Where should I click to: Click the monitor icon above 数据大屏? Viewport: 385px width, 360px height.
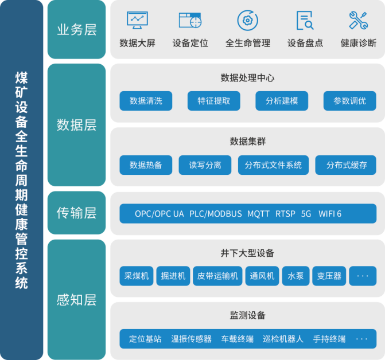137,20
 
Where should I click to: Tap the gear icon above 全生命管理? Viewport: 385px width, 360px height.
247,21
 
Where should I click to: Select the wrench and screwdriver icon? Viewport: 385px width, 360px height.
358,21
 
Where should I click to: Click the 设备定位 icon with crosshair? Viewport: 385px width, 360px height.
190,21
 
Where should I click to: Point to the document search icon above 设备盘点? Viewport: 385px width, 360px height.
305,21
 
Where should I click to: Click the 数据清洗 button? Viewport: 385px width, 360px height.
146,101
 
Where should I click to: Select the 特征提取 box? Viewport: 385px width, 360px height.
214,101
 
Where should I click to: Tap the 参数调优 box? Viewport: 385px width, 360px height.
349,101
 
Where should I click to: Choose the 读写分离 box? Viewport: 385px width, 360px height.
205,165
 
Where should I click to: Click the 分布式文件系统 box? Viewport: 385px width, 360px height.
273,165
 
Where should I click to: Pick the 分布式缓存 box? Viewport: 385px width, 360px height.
346,165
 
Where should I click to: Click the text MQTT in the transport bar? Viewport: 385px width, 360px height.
258,214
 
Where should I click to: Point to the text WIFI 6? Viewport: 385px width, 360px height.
330,214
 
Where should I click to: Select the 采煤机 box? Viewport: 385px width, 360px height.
137,276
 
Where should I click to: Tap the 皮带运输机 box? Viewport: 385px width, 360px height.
217,276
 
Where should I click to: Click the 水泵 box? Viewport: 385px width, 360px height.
295,276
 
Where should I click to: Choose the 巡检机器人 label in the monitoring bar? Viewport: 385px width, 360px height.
283,339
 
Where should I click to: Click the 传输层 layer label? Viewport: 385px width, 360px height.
77,213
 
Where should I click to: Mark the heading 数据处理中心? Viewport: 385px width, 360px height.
247,78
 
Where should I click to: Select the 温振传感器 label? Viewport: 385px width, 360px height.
191,339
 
